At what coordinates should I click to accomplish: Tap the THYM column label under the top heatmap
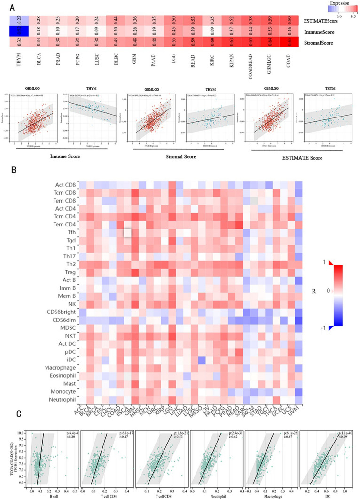point(19,62)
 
